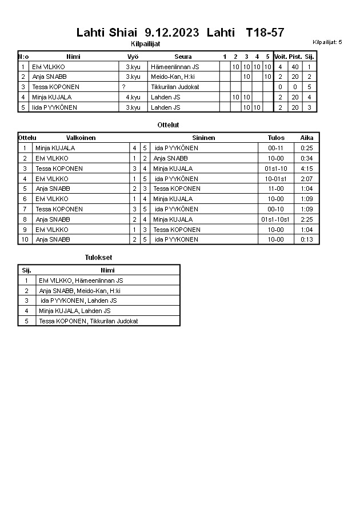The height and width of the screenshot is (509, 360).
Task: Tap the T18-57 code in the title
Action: pyautogui.click(x=265, y=33)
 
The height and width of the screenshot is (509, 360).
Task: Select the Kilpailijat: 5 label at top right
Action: pyautogui.click(x=327, y=42)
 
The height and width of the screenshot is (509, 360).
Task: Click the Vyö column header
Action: pyautogui.click(x=133, y=57)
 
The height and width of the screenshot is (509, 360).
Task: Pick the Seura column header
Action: pyautogui.click(x=183, y=57)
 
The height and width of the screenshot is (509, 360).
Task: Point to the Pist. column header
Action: pyautogui.click(x=295, y=57)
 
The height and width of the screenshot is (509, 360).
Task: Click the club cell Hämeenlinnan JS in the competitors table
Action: pyautogui.click(x=175, y=67)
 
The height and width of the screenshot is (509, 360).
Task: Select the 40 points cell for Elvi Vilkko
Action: pyautogui.click(x=295, y=67)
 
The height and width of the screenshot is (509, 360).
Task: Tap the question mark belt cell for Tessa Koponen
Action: pyautogui.click(x=123, y=87)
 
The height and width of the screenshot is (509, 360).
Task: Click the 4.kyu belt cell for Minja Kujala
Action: pyautogui.click(x=133, y=98)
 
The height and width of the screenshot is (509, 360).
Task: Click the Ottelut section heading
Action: pyautogui.click(x=168, y=125)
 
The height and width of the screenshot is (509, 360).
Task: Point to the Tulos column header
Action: pyautogui.click(x=276, y=138)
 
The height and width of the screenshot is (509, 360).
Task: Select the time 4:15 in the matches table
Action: pyautogui.click(x=307, y=169)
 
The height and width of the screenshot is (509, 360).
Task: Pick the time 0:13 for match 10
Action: pyautogui.click(x=307, y=239)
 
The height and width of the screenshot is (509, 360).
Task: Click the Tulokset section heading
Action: pyautogui.click(x=98, y=258)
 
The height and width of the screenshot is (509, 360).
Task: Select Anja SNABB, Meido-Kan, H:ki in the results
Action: pyautogui.click(x=79, y=291)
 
